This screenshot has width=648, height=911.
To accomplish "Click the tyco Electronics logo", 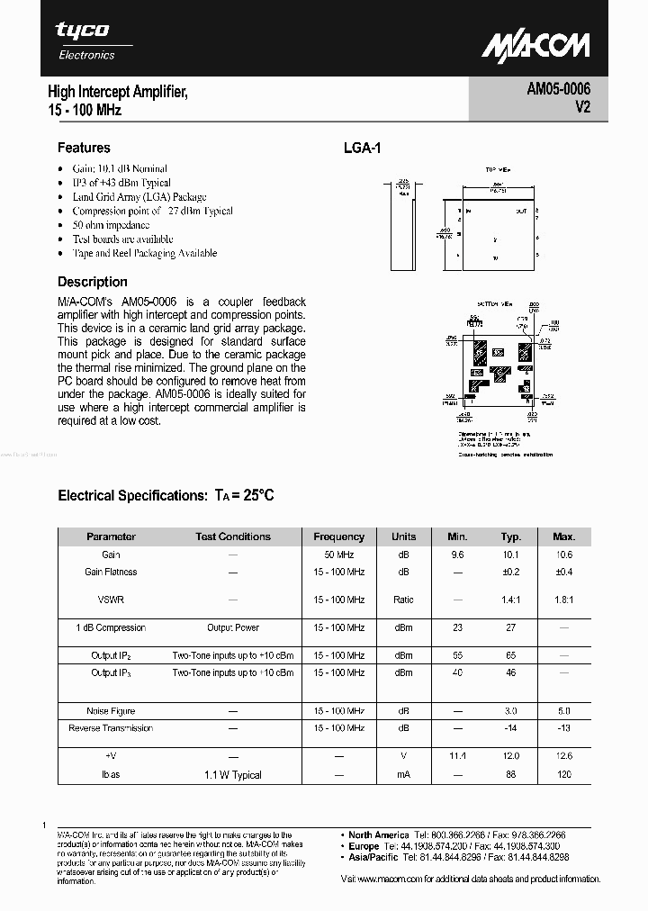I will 85,41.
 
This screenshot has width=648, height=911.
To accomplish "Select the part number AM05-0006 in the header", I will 558,90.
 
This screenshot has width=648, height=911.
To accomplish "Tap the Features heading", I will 84,148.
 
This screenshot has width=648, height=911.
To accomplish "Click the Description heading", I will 93,282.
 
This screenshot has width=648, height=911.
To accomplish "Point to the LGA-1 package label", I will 362,149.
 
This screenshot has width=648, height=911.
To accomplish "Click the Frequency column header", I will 339,537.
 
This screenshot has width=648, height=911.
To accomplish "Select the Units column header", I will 404,537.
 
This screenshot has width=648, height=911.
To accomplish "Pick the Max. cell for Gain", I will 564,555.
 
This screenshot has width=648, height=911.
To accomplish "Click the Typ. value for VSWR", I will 511,599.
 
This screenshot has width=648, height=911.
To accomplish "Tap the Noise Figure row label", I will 111,711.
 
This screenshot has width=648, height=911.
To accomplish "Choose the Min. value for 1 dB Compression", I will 457,627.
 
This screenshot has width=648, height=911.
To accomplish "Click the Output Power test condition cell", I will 233,627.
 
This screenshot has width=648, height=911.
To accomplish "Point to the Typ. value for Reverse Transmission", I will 511,727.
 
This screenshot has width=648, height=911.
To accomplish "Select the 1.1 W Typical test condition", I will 233,774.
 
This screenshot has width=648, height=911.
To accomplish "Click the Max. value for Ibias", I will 564,774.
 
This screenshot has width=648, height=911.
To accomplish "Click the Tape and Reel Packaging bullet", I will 145,253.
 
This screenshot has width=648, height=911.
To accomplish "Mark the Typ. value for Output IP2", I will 511,655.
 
